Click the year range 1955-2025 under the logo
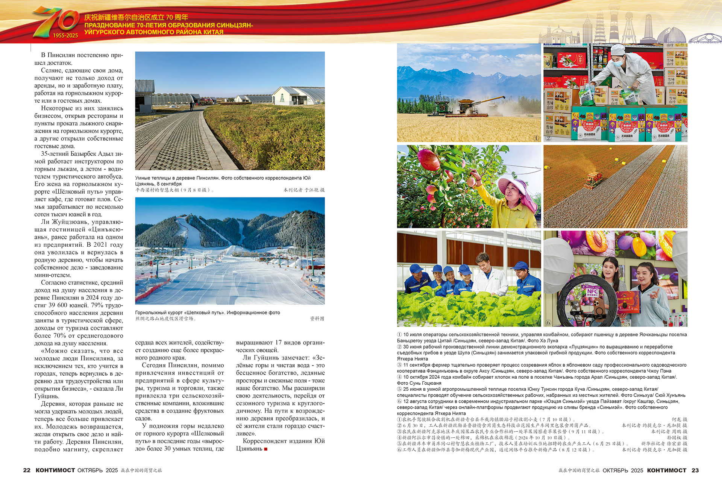pos(65,36)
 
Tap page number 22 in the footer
pos(27,470)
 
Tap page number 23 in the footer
pos(695,470)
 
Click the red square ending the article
pos(266,449)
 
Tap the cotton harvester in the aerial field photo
pos(594,181)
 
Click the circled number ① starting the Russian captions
pos(399,335)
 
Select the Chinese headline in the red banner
pos(136,17)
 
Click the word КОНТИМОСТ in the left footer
pos(55,470)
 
